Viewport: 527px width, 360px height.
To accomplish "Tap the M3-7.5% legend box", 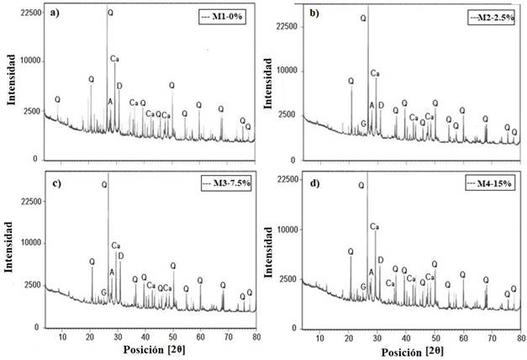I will click(221, 183).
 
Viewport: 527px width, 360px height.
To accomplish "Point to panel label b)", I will click(315, 13).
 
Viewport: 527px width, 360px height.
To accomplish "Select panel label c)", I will click(52, 183).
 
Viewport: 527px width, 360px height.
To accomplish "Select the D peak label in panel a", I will click(119, 86).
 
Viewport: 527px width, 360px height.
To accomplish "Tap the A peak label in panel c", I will click(112, 272).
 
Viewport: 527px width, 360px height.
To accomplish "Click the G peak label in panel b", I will click(363, 124).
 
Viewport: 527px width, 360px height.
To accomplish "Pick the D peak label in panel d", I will click(380, 260).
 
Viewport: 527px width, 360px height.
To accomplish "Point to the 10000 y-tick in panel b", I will click(289, 71).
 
